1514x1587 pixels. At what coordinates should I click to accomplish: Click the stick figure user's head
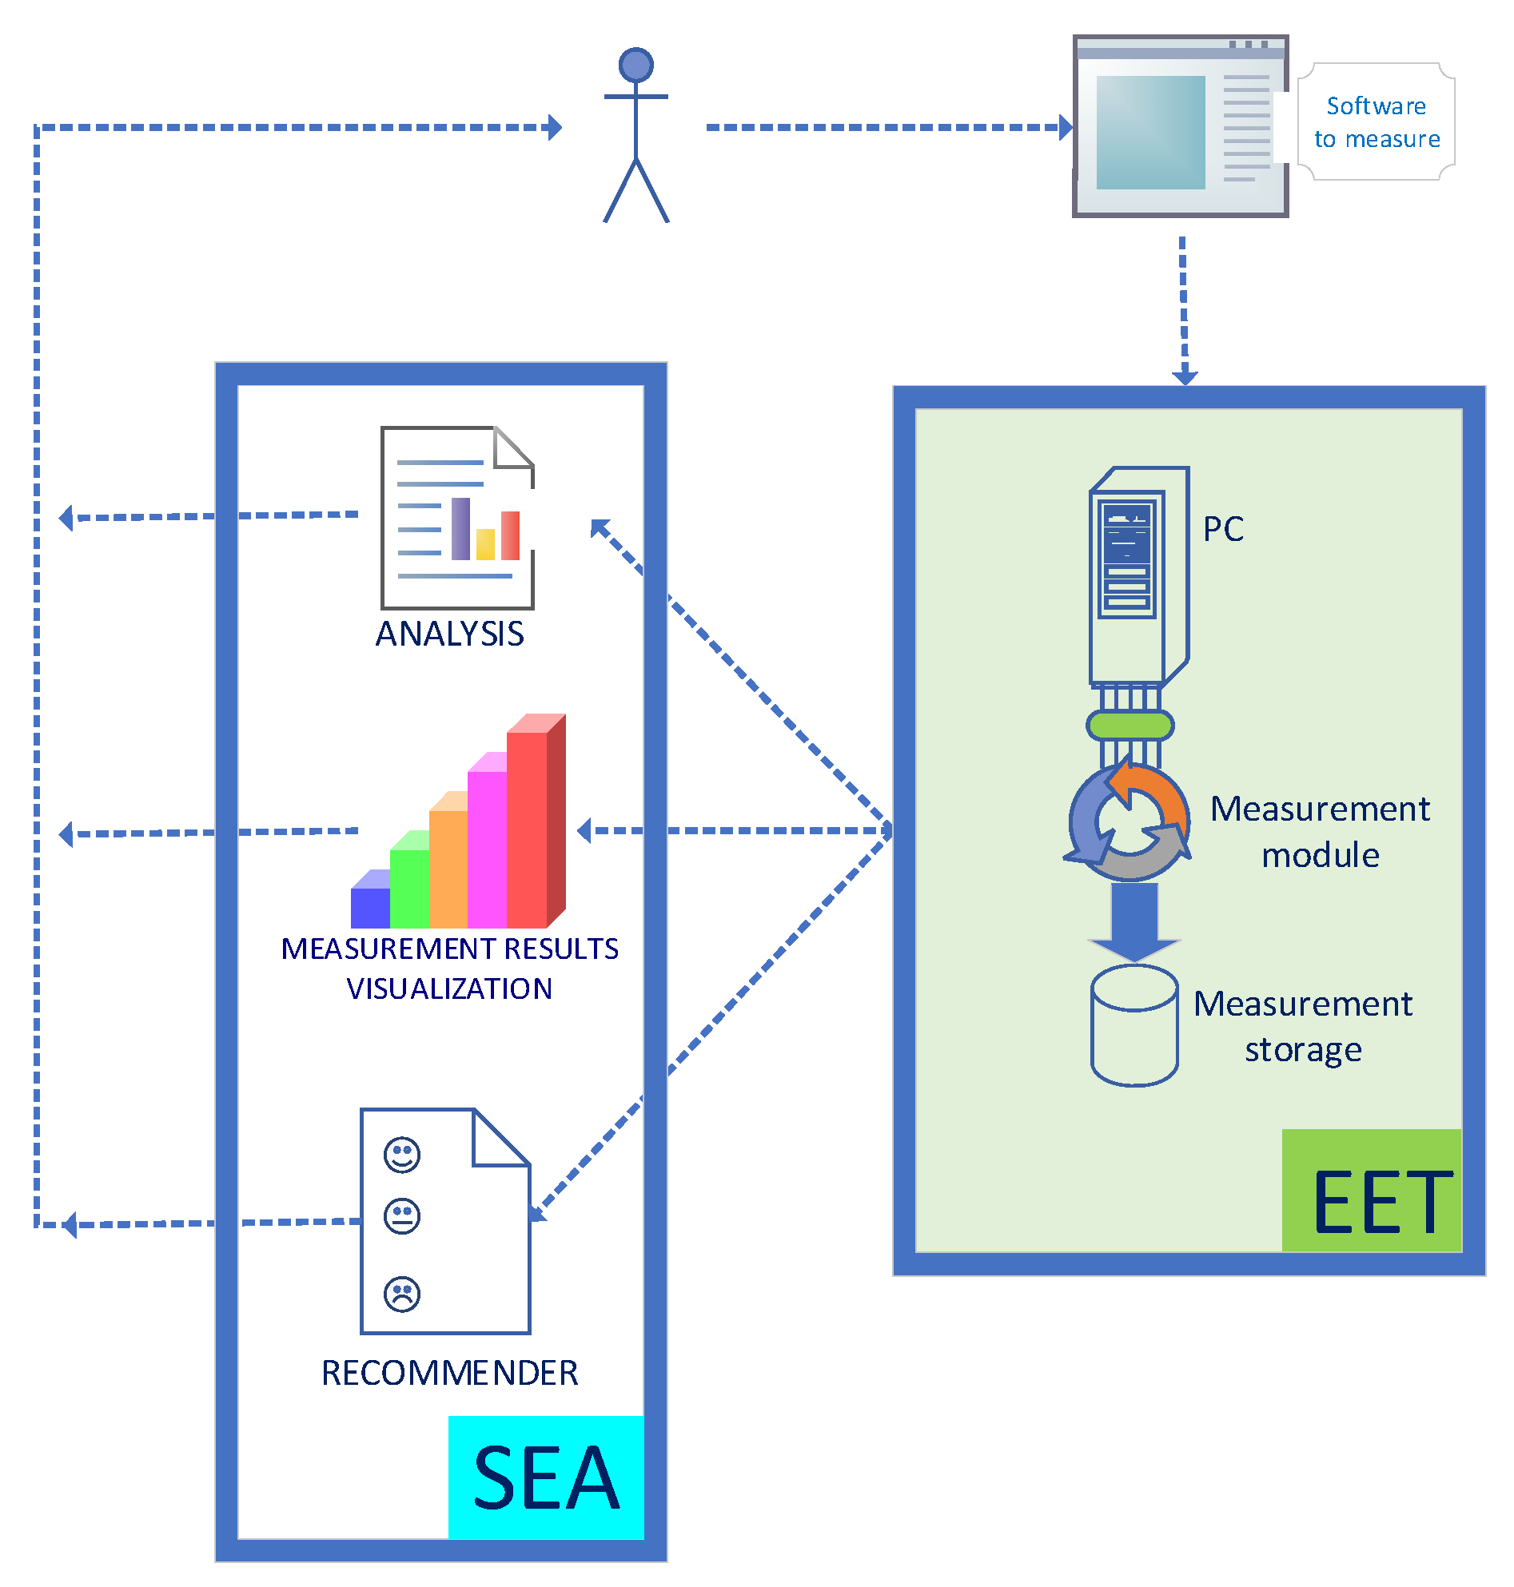click(636, 65)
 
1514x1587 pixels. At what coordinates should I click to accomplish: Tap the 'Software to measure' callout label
click(1376, 121)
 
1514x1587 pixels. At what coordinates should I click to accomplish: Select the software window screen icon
click(1180, 126)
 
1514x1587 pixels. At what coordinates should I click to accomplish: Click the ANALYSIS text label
click(449, 634)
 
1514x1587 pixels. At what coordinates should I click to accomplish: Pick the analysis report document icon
click(456, 517)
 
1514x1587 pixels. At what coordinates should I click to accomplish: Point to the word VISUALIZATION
click(449, 988)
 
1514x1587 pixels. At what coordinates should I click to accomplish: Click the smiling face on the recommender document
click(402, 1155)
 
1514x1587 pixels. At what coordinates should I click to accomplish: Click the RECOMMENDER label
click(449, 1373)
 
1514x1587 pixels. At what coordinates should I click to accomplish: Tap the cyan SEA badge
click(546, 1478)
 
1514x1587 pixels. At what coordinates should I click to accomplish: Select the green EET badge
click(1372, 1190)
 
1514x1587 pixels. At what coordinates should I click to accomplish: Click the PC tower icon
click(1139, 577)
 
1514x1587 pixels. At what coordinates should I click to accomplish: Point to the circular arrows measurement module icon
click(1128, 821)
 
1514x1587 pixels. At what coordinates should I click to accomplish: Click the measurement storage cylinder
click(1134, 1025)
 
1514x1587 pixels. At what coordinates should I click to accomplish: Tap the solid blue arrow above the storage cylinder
click(1134, 921)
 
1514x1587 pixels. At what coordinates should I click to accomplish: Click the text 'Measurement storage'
click(1302, 1027)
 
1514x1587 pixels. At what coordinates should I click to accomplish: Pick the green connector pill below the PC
click(1130, 726)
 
